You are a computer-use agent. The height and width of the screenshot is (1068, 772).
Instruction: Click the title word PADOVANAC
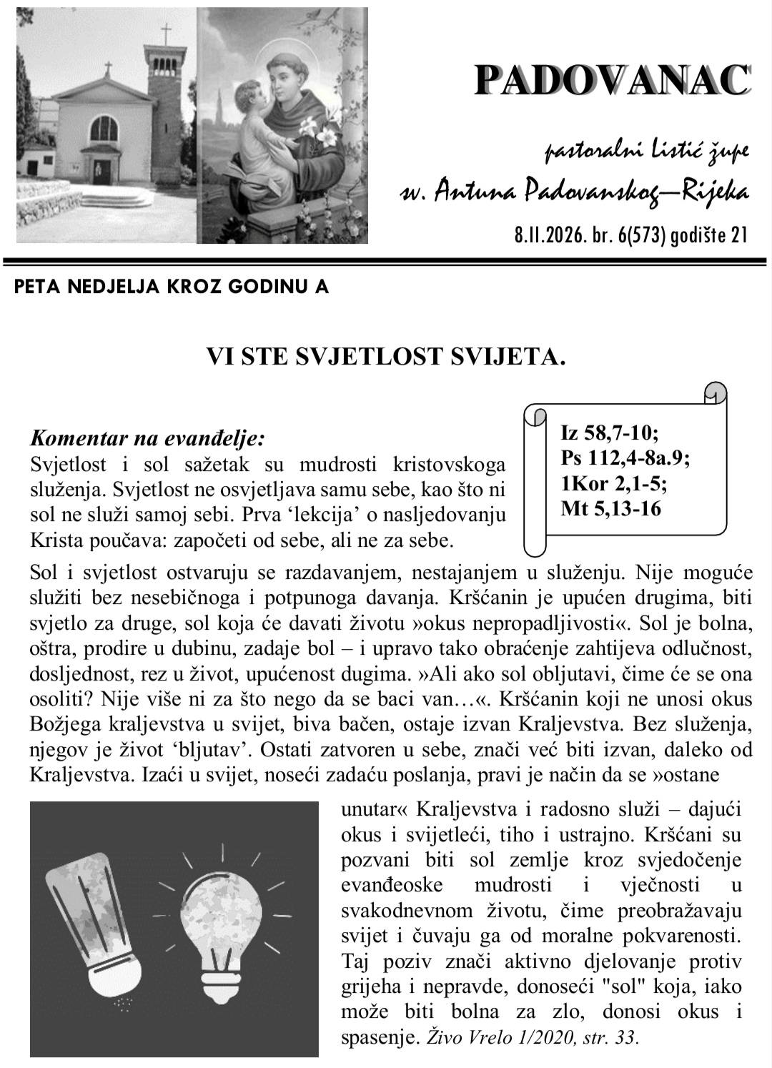click(x=613, y=80)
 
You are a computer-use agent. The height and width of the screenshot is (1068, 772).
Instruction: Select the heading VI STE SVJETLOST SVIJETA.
click(x=386, y=356)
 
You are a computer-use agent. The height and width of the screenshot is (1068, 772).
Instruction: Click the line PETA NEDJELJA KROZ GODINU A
click(x=172, y=287)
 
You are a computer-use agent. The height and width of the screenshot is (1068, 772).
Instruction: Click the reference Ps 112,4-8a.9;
click(x=625, y=458)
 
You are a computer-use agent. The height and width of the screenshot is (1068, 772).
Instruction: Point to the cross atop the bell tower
click(x=166, y=34)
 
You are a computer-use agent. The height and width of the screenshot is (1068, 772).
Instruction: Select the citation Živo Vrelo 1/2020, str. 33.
click(x=533, y=1037)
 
